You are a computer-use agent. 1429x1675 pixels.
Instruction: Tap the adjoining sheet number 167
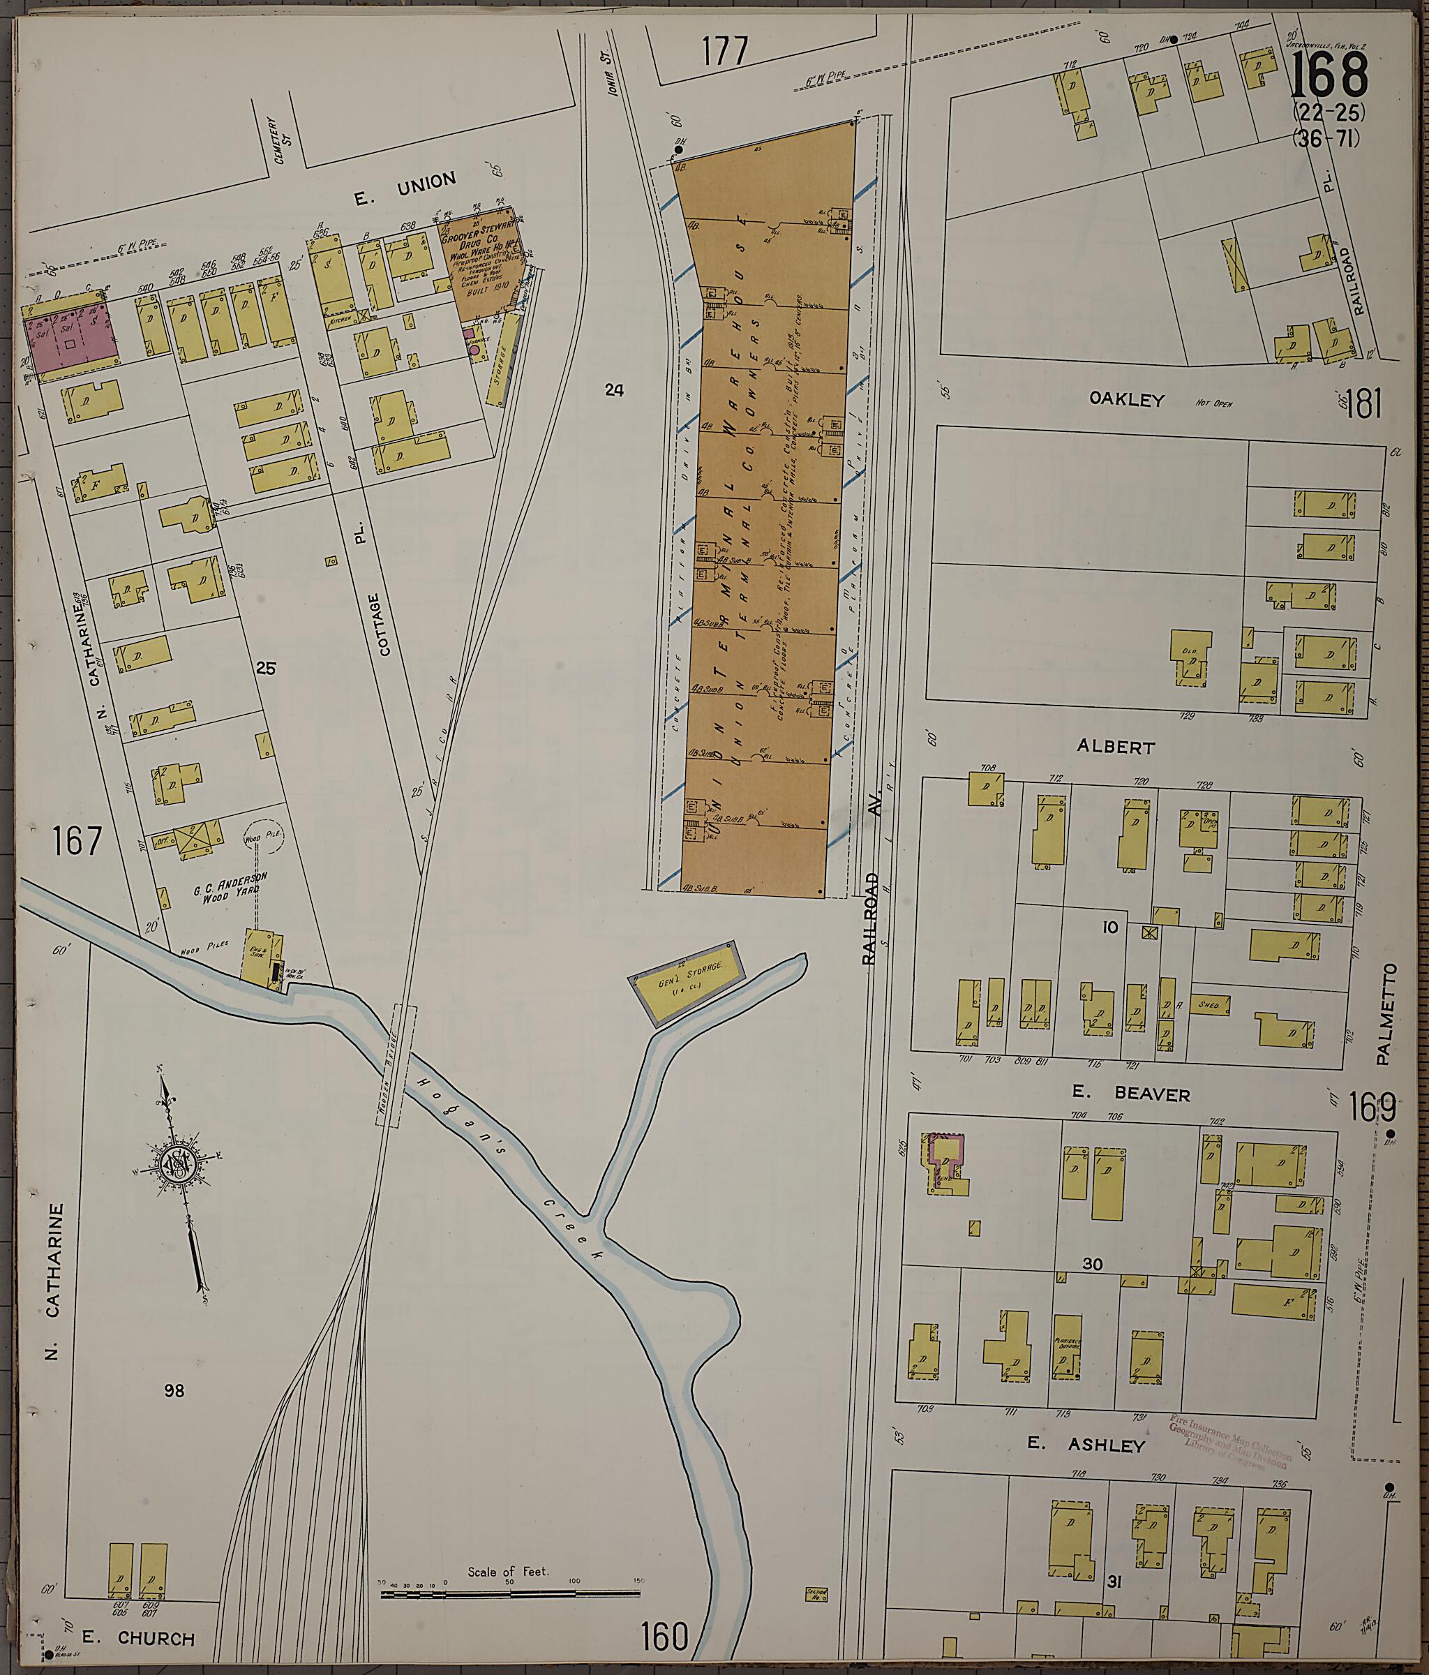coord(78,841)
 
